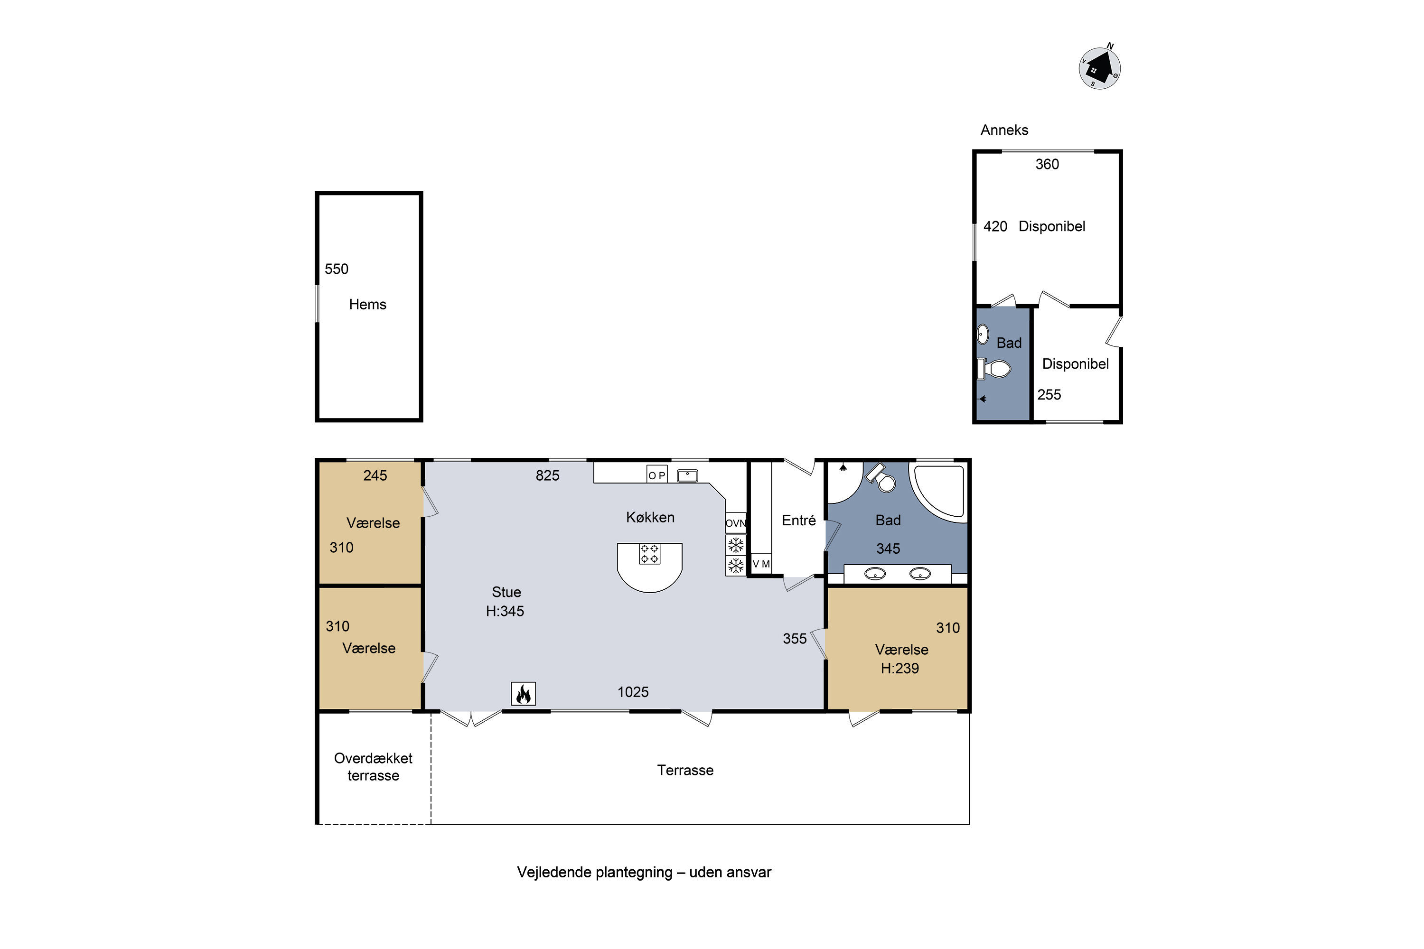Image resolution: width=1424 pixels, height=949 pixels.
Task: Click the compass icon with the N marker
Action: (1099, 67)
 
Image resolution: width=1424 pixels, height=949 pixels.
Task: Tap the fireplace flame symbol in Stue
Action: (523, 694)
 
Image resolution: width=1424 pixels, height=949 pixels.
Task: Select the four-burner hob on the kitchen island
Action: (650, 554)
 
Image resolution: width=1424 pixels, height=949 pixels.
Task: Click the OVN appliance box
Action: (736, 523)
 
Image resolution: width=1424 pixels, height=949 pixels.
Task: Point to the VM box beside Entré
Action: (761, 564)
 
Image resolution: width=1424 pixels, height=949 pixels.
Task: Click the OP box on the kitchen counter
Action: (657, 474)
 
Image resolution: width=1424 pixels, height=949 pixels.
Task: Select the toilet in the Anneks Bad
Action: (994, 369)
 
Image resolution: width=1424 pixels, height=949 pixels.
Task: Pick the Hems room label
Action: (367, 305)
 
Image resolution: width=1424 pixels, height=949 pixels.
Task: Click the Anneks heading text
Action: (1004, 130)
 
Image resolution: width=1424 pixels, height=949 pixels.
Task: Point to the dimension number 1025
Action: (633, 692)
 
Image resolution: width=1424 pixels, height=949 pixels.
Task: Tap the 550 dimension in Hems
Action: (337, 269)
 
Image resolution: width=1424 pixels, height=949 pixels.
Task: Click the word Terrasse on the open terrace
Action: (685, 770)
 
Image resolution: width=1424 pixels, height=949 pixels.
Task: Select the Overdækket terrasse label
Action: (373, 767)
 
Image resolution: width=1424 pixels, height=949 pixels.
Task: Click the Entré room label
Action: (798, 521)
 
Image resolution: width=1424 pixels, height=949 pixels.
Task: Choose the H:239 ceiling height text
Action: (899, 668)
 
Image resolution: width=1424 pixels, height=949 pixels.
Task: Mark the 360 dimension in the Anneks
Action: (1047, 164)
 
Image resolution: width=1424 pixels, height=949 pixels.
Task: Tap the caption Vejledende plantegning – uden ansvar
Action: (644, 872)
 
